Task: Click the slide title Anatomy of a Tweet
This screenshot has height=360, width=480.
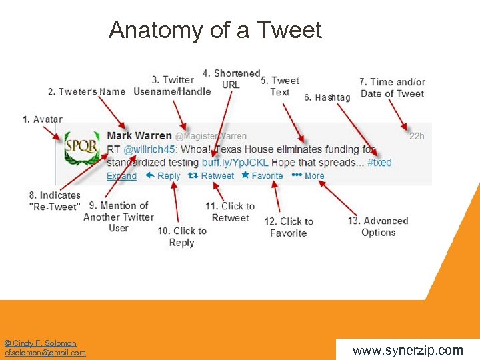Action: tap(215, 30)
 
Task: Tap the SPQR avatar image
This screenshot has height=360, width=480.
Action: tap(81, 149)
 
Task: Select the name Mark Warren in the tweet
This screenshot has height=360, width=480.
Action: tap(139, 136)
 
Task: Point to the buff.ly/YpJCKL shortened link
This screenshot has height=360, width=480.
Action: tap(235, 163)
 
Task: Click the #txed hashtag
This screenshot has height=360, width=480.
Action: tap(379, 163)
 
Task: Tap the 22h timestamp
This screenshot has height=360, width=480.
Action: tap(417, 136)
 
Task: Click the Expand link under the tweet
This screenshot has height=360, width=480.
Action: tap(121, 176)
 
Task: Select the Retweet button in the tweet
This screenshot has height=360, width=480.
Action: tap(212, 176)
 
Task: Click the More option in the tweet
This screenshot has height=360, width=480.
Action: tap(309, 176)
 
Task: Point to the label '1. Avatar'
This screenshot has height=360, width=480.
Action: tap(42, 119)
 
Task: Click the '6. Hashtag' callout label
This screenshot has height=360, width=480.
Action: tap(327, 98)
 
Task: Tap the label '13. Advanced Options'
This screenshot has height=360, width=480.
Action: tap(378, 227)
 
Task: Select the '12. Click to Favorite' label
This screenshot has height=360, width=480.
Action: tap(289, 227)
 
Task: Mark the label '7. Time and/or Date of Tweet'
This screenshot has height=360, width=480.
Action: tap(392, 88)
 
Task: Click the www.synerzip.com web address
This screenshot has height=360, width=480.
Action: tap(407, 350)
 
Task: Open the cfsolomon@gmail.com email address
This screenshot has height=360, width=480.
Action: tap(45, 353)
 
